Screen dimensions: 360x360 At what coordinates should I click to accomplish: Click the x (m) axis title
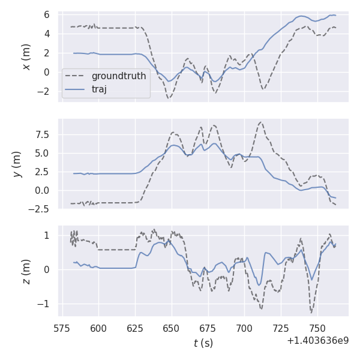point(26,56)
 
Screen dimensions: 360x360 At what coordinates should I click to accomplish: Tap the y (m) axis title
point(17,164)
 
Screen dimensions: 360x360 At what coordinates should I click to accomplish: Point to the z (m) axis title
point(26,271)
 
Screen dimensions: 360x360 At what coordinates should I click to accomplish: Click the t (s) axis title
point(203,343)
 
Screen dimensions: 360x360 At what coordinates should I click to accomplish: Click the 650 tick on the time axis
point(172,328)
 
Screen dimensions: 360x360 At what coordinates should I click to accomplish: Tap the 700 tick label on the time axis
point(244,328)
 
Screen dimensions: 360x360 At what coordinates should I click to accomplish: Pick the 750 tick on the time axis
point(317,328)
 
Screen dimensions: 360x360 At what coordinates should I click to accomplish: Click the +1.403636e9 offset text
point(317,340)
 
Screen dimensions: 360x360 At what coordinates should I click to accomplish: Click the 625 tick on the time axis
point(135,328)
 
